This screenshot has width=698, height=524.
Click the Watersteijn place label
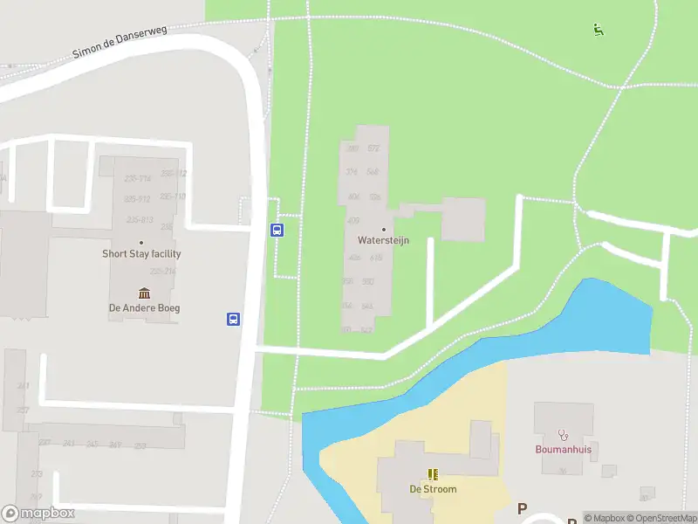[383, 240]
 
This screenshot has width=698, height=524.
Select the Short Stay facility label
[141, 254]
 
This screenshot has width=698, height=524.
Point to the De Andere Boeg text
[144, 307]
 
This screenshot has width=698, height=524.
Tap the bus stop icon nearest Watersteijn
[277, 231]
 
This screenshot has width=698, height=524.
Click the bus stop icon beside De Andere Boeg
[234, 319]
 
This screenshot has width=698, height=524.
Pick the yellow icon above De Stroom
[433, 474]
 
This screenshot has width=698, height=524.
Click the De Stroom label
[433, 489]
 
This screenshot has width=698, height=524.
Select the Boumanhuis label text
[563, 450]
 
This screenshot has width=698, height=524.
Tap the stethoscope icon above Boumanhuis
[563, 434]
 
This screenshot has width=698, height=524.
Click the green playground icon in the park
[598, 30]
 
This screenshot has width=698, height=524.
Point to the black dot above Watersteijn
[383, 229]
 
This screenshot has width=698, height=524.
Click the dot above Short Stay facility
[141, 243]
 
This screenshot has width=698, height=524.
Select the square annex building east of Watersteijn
[462, 219]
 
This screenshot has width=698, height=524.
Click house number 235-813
[140, 219]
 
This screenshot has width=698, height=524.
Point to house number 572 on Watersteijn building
[374, 148]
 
